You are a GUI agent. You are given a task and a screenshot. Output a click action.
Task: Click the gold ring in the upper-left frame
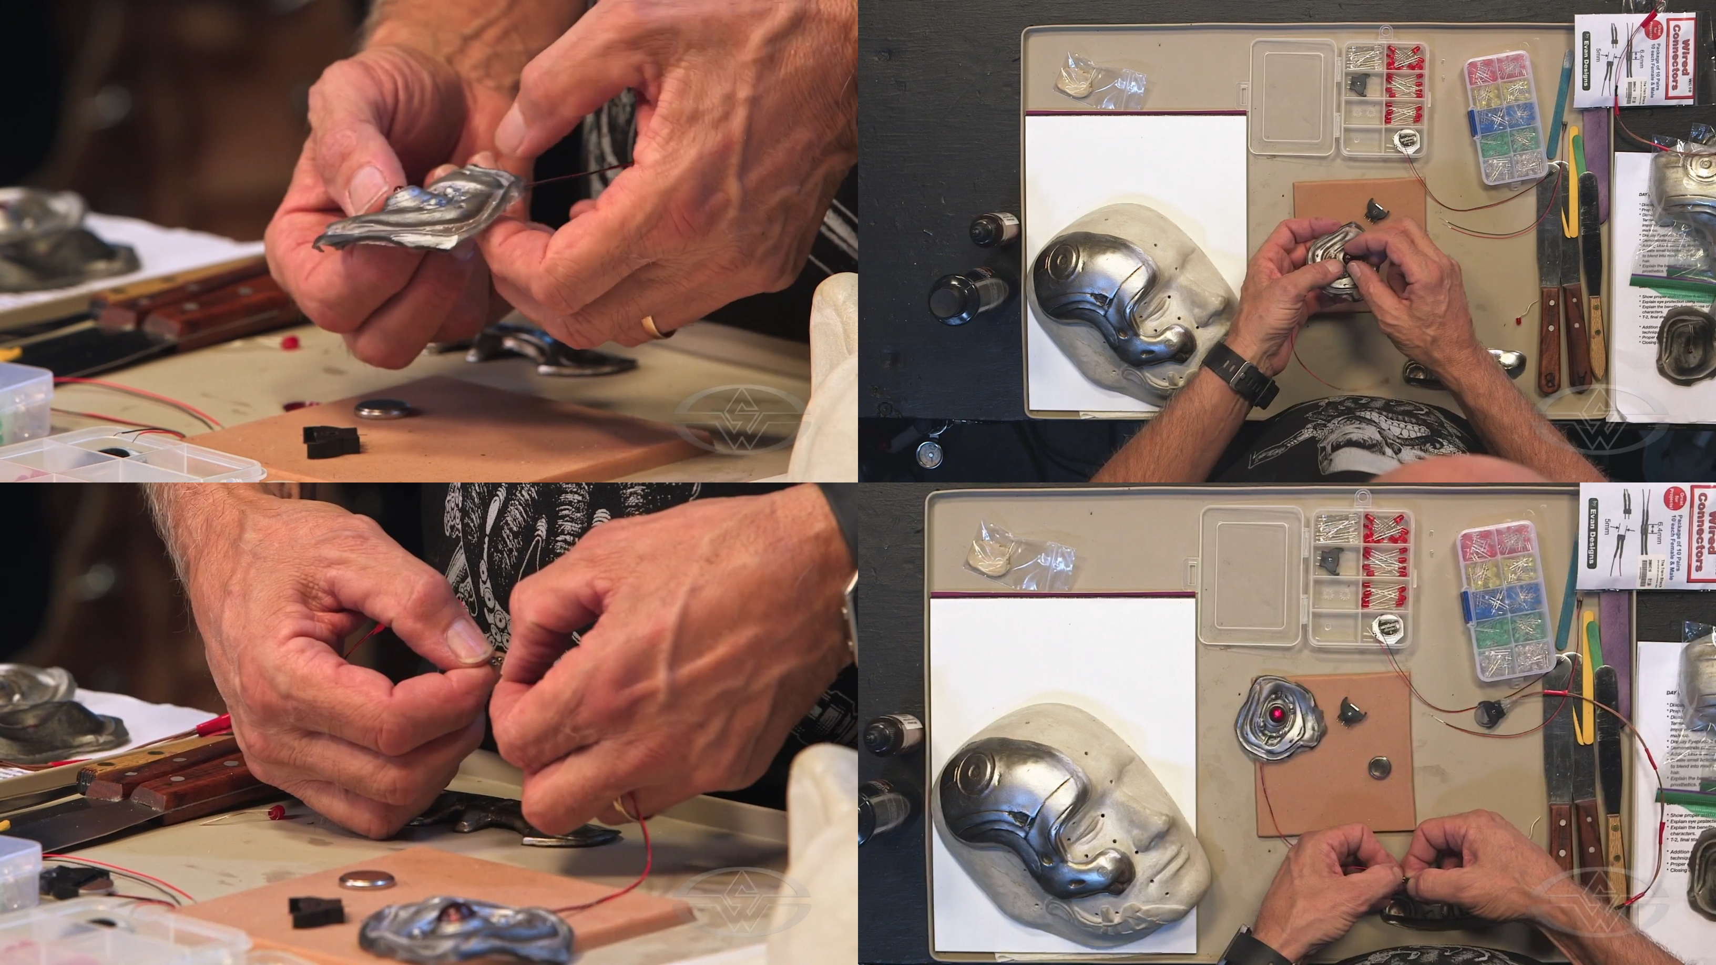(x=651, y=326)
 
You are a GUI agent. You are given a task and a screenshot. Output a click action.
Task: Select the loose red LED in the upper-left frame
(x=289, y=343)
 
